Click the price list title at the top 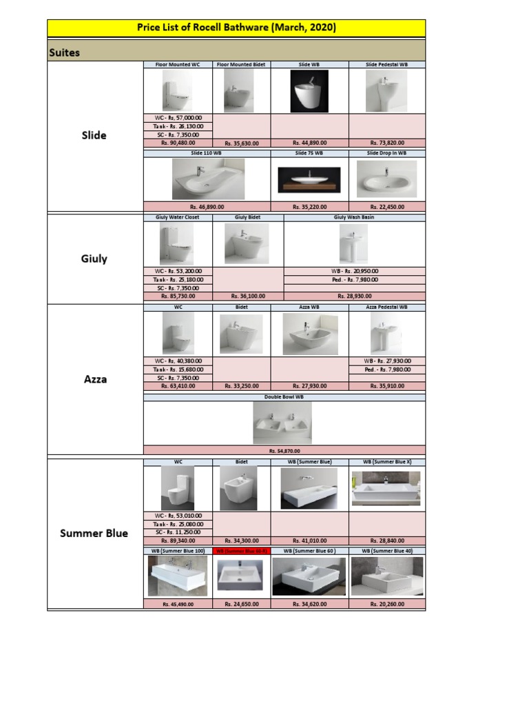pos(236,28)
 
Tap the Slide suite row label pos(94,135)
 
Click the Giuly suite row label pos(94,259)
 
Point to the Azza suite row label pos(95,379)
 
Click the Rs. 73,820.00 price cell pos(387,143)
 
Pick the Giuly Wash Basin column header pos(354,217)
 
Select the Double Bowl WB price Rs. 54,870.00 pos(284,451)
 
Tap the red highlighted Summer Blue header pos(241,551)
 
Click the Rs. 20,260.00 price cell pos(387,604)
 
